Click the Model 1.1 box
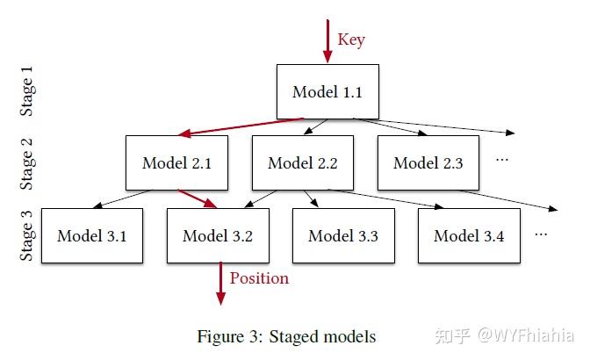(327, 91)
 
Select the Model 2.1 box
(176, 162)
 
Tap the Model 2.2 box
(302, 162)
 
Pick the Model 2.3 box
(428, 162)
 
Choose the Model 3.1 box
(91, 235)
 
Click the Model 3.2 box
(217, 235)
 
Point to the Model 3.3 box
(343, 235)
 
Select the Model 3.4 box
(469, 235)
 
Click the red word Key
(351, 40)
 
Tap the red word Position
(259, 278)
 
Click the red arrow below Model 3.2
(220, 284)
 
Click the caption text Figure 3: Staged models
(285, 336)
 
